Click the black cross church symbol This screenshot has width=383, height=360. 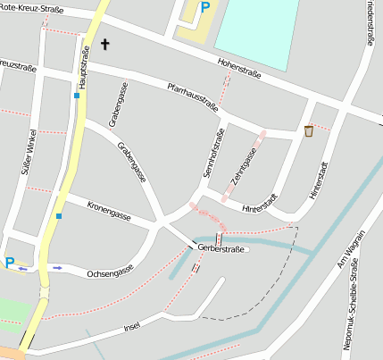coord(105,43)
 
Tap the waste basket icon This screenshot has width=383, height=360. coord(309,131)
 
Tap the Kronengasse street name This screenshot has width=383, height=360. coord(110,211)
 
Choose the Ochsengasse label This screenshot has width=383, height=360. coord(111,269)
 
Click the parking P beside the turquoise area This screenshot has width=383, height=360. coord(205,8)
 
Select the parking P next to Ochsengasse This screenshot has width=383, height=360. coord(10,263)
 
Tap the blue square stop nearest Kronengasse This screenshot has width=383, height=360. coord(59,215)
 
